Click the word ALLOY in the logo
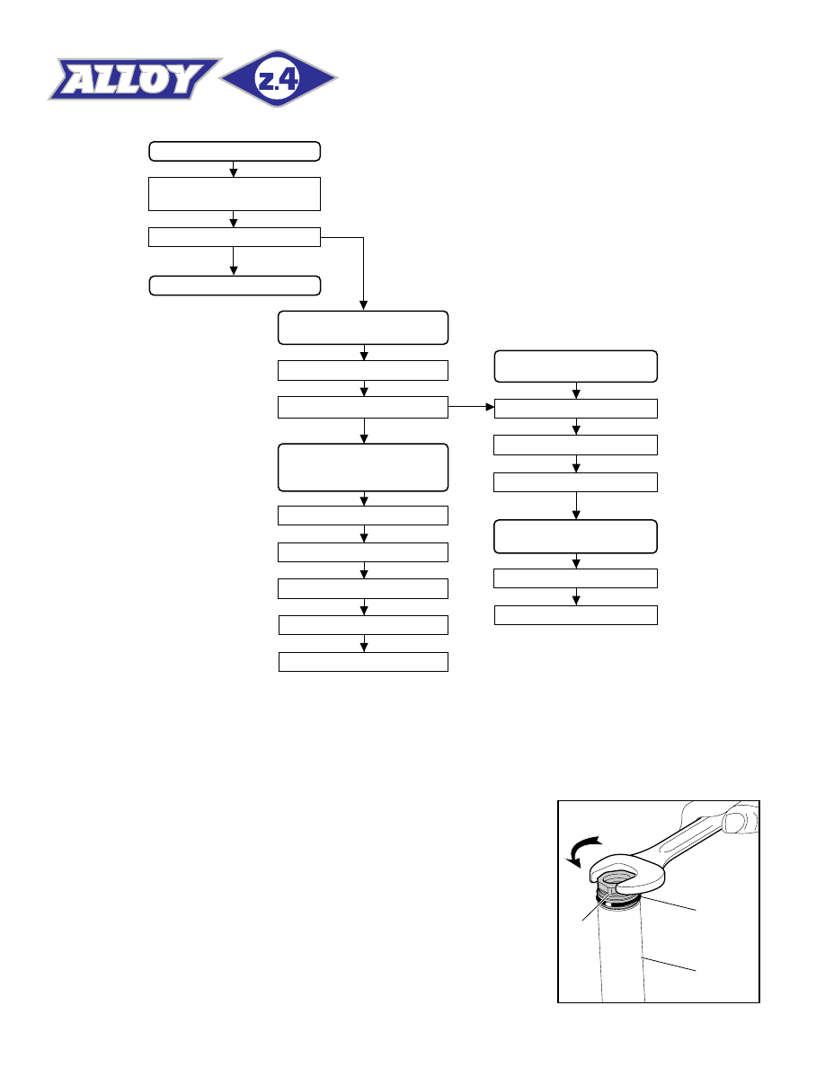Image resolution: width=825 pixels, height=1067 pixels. click(x=133, y=79)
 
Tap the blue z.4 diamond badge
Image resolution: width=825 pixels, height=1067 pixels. click(x=279, y=79)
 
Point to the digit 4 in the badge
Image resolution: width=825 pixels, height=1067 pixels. click(x=288, y=80)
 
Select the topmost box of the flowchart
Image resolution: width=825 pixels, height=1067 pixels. click(x=235, y=151)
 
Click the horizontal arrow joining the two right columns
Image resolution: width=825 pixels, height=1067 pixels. click(x=471, y=407)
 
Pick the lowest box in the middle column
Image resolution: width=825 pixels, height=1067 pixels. click(x=363, y=662)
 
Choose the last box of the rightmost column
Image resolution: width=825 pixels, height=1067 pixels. click(x=576, y=615)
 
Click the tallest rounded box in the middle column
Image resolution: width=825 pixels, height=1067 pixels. click(x=363, y=468)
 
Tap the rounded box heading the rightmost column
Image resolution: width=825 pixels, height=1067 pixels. click(x=576, y=366)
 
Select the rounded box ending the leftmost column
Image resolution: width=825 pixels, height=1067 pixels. click(x=235, y=286)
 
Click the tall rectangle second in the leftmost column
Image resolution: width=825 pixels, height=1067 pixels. click(x=235, y=194)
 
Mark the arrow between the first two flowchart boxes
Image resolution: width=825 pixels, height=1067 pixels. click(x=234, y=170)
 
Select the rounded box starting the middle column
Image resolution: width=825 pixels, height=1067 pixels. click(x=363, y=328)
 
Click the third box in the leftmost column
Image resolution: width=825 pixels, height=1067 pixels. click(x=235, y=237)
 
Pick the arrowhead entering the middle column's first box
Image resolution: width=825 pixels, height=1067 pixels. click(x=363, y=306)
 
